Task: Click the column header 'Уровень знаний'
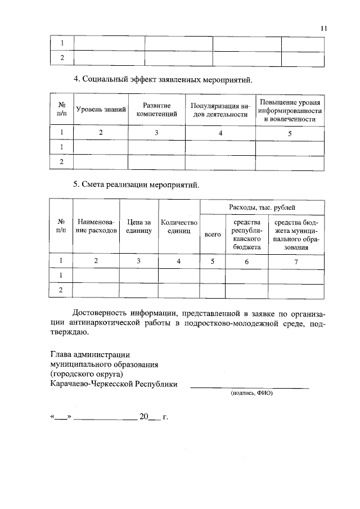[x=101, y=110]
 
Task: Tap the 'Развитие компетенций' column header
[x=156, y=110]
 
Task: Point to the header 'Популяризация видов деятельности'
[x=219, y=110]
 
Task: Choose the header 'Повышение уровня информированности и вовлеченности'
[x=290, y=110]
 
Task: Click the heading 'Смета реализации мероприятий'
[x=137, y=184]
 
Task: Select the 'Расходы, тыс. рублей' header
[x=262, y=207]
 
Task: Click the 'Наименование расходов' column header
[x=96, y=227]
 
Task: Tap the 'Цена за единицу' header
[x=139, y=227]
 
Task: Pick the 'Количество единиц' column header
[x=179, y=227]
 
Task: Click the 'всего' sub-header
[x=212, y=234]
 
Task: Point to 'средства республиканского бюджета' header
[x=246, y=234]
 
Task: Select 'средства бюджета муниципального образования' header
[x=296, y=234]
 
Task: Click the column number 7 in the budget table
[x=296, y=262]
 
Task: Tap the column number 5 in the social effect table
[x=290, y=133]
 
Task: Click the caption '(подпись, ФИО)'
[x=251, y=394]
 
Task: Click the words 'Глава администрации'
[x=90, y=355]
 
